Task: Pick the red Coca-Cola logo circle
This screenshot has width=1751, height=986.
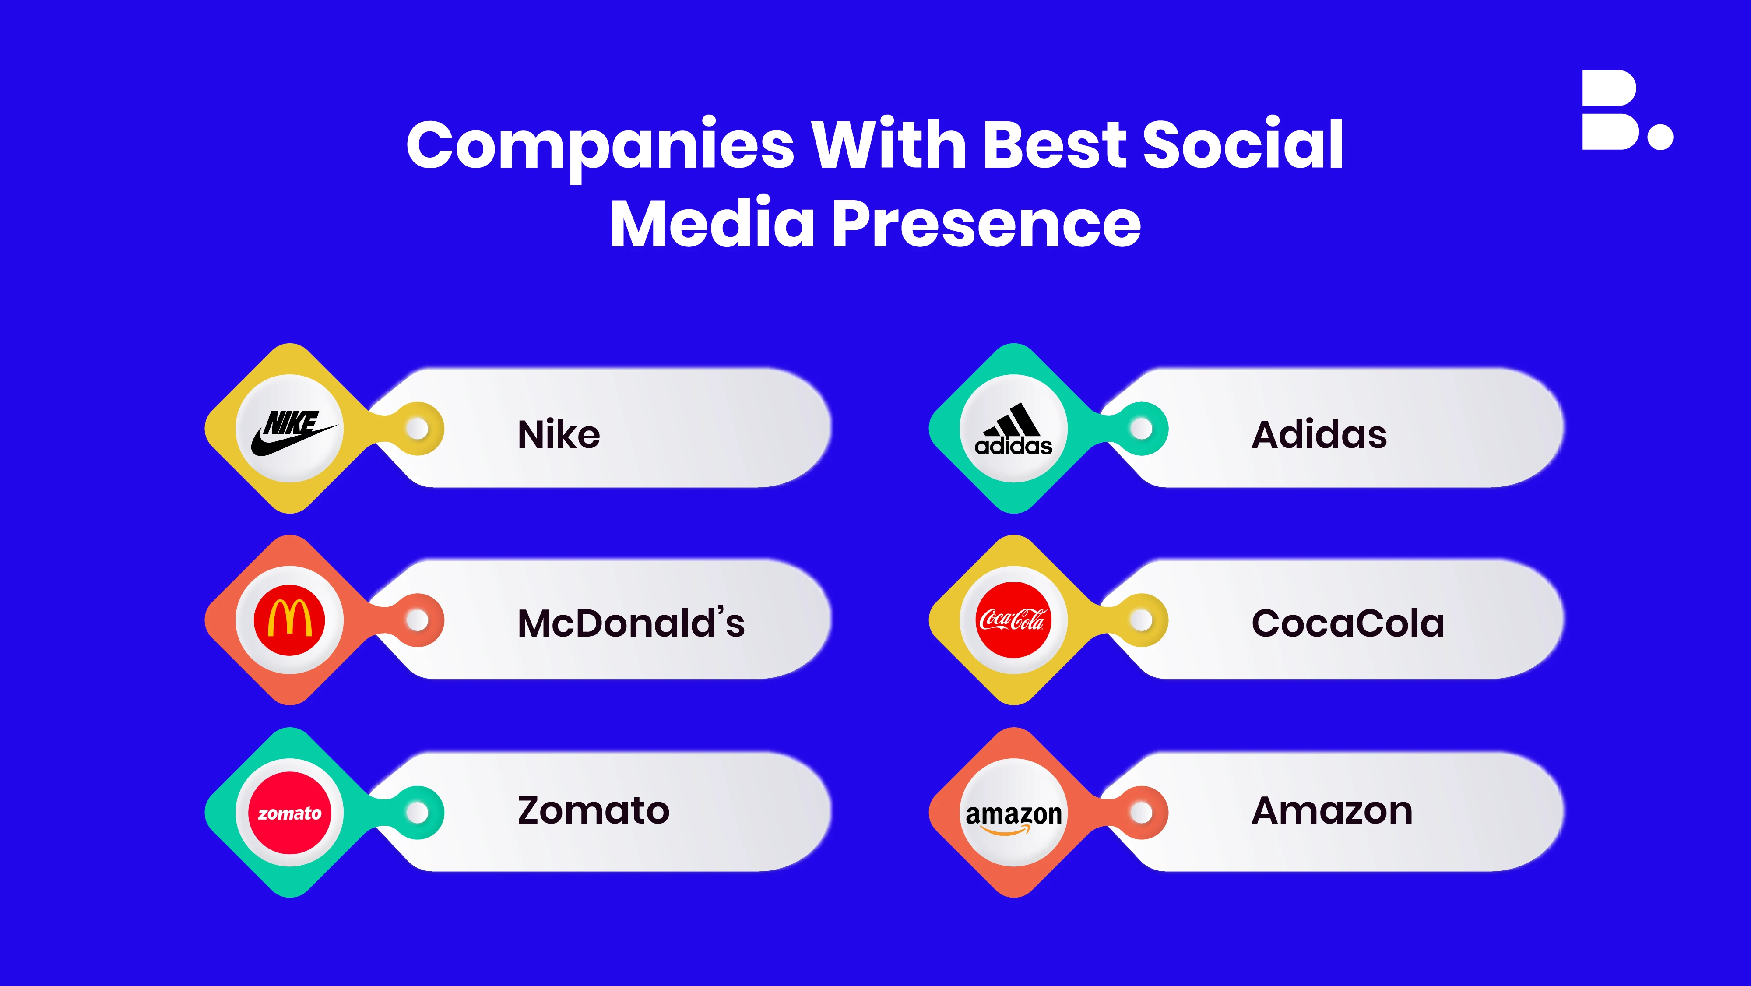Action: [x=1013, y=620]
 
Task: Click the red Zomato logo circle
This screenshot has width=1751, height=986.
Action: [x=289, y=813]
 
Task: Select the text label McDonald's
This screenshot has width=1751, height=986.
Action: [x=631, y=623]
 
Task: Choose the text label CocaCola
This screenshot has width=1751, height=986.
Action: [x=1348, y=623]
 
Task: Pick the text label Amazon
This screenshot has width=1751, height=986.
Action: [x=1332, y=810]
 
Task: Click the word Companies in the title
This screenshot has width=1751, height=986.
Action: [x=600, y=146]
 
